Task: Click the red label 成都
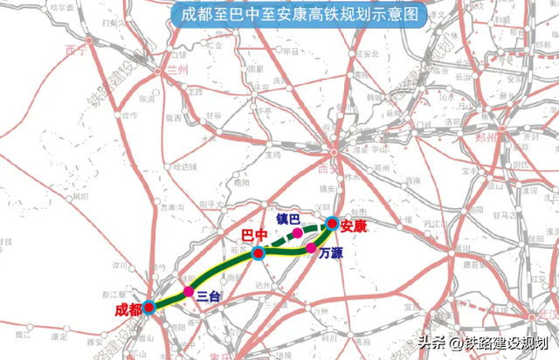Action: click(x=127, y=310)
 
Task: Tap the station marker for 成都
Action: click(x=149, y=307)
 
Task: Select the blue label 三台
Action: click(x=208, y=296)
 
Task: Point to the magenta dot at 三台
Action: click(x=188, y=291)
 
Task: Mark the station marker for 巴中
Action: click(x=258, y=253)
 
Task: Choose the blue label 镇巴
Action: click(x=288, y=218)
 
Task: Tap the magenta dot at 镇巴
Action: click(x=299, y=234)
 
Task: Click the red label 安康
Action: click(x=355, y=225)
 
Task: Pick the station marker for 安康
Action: click(x=333, y=223)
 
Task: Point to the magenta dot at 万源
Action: click(x=311, y=248)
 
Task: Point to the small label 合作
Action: click(x=128, y=114)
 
